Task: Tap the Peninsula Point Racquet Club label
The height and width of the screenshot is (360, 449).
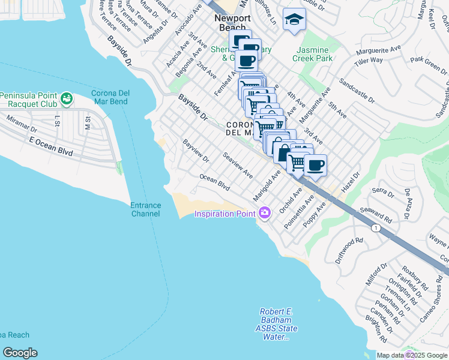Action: pyautogui.click(x=28, y=100)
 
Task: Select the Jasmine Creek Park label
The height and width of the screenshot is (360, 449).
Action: pyautogui.click(x=312, y=54)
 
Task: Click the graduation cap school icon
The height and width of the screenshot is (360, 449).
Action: pyautogui.click(x=294, y=20)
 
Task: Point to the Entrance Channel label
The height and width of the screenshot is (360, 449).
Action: pyautogui.click(x=146, y=209)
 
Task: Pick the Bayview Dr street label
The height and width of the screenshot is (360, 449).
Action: pyautogui.click(x=196, y=151)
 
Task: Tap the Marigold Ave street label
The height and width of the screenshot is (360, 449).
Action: pyautogui.click(x=267, y=185)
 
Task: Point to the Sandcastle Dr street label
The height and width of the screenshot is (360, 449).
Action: pyautogui.click(x=357, y=90)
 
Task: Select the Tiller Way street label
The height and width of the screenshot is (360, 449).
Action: pyautogui.click(x=368, y=61)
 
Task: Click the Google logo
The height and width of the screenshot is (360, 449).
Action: pyautogui.click(x=20, y=353)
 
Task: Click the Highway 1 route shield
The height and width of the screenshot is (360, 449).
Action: pyautogui.click(x=376, y=228)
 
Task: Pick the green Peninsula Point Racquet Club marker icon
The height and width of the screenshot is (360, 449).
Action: pyautogui.click(x=66, y=97)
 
